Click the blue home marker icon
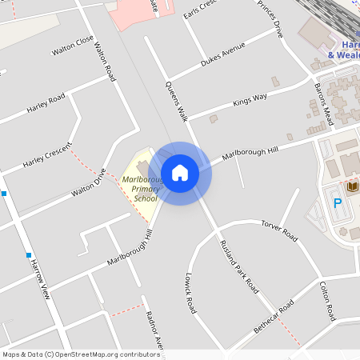pos(180,173)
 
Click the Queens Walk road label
pos(176,101)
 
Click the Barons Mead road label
pos(322,103)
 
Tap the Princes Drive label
pos(270,18)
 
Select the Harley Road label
pos(46,103)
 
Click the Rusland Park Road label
pos(240,264)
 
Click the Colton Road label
pos(328,301)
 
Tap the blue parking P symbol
pos(337,203)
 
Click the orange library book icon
pos(353,187)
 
